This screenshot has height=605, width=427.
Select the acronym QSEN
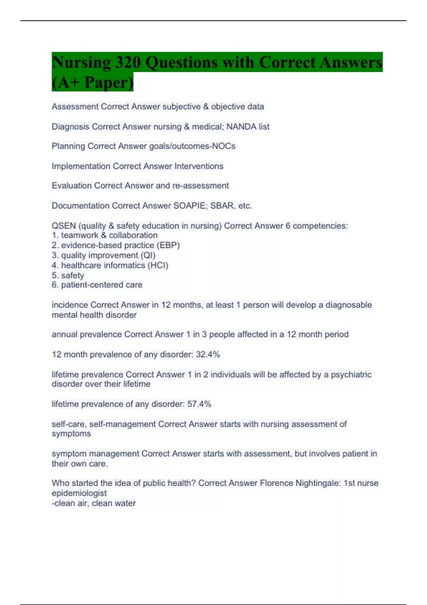click(64, 226)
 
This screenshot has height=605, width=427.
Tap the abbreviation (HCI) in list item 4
click(158, 265)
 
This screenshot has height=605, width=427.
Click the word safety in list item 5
click(73, 275)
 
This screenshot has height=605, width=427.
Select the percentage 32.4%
click(208, 354)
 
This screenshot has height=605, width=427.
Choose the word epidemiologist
click(79, 493)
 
